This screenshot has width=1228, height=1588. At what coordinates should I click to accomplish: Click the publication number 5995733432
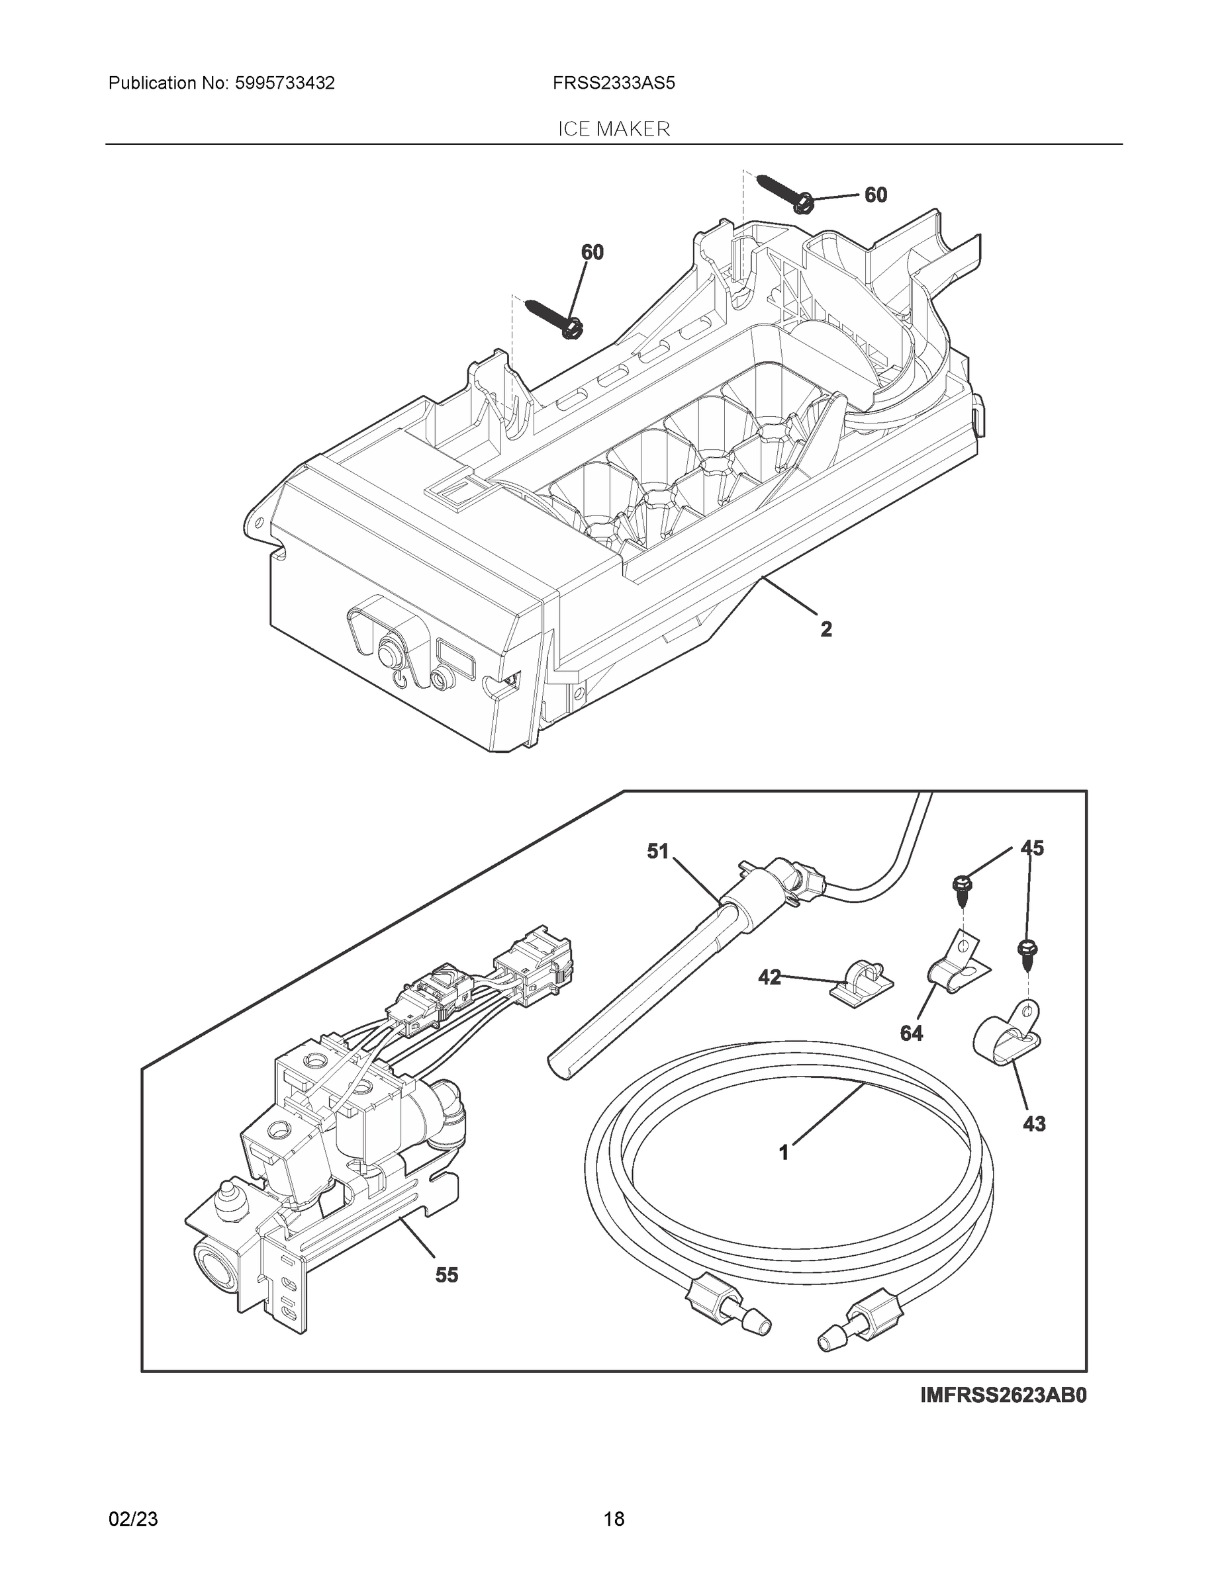click(x=285, y=83)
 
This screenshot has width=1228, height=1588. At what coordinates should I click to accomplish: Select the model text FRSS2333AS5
click(x=613, y=83)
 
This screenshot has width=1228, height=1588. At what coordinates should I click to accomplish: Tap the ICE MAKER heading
click(x=613, y=130)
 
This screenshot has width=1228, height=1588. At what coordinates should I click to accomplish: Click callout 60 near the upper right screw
click(x=875, y=195)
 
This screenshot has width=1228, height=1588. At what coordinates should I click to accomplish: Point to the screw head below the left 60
click(x=571, y=329)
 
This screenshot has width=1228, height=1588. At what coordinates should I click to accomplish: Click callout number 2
click(x=826, y=629)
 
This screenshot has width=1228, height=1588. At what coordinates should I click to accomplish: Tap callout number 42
click(x=769, y=977)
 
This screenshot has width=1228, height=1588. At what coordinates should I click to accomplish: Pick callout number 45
click(x=1031, y=848)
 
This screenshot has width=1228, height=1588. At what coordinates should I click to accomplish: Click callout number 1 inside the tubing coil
click(x=784, y=1153)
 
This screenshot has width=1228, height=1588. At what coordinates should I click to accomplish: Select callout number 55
click(x=447, y=1274)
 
